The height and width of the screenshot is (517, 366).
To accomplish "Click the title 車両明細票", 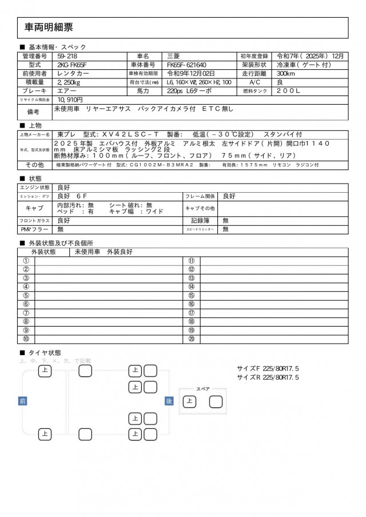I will coord(49,27).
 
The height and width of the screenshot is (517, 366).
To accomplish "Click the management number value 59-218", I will coord(68,56).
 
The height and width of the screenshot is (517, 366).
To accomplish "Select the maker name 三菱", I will coord(173,56).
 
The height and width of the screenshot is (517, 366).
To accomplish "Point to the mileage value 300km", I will coord(286,73).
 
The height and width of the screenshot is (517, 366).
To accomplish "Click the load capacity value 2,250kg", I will coord(69,82).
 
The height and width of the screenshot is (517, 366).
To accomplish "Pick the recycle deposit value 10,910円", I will coord(71,99).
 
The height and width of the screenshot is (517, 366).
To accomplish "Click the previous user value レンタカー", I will coord(72,73).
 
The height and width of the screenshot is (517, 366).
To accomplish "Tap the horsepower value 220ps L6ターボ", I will coord(189,90).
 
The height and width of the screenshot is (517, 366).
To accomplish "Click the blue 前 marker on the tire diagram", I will coord(23,401).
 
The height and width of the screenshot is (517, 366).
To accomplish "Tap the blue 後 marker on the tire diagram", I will coord(169,401).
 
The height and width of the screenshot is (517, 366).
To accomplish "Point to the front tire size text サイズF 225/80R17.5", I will coord(268,368).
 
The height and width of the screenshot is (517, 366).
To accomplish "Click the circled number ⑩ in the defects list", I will coord(26,339).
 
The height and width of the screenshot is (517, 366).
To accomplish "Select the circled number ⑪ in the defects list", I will coord(192,261).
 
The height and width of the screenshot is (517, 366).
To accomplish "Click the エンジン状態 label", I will coord(35,187).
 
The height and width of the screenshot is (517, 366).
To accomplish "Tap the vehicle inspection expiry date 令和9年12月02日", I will coord(191,73).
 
